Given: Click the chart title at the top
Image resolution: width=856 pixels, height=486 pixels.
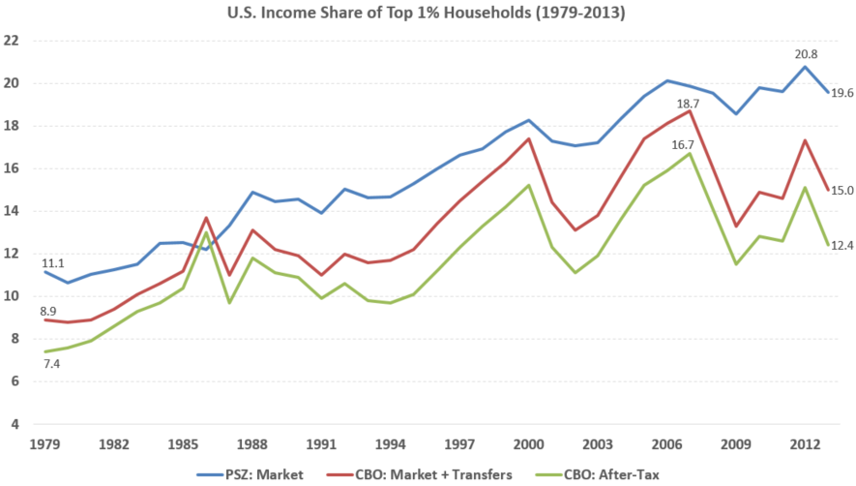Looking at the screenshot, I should pos(428,15).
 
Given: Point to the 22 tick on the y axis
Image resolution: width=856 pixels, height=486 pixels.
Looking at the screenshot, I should pos(13,41).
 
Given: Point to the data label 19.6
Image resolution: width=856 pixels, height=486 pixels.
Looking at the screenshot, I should pos(841,93).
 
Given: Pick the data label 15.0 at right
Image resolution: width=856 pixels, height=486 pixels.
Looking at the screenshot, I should pos(841,191).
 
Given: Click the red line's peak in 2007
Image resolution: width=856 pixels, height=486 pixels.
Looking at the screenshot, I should pos(688,111).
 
